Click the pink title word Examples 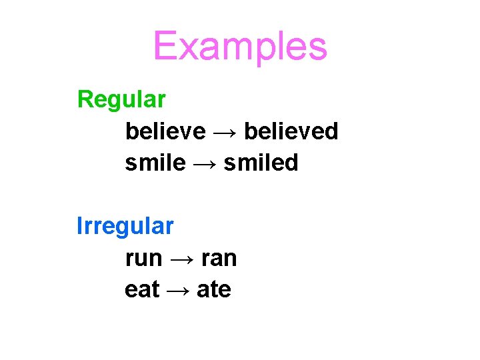[x=240, y=47]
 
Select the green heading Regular [x=121, y=99]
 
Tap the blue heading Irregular [x=125, y=226]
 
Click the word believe [x=165, y=131]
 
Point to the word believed [x=291, y=131]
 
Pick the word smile [x=155, y=163]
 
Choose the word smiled [x=261, y=163]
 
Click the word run [x=143, y=258]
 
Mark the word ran [x=217, y=258]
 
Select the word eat [x=142, y=289]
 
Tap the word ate [x=214, y=289]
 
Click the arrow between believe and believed [x=225, y=132]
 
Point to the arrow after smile [x=205, y=163]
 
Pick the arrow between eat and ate [x=178, y=290]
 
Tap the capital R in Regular [x=85, y=99]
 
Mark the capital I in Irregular [x=79, y=226]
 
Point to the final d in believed [x=331, y=131]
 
